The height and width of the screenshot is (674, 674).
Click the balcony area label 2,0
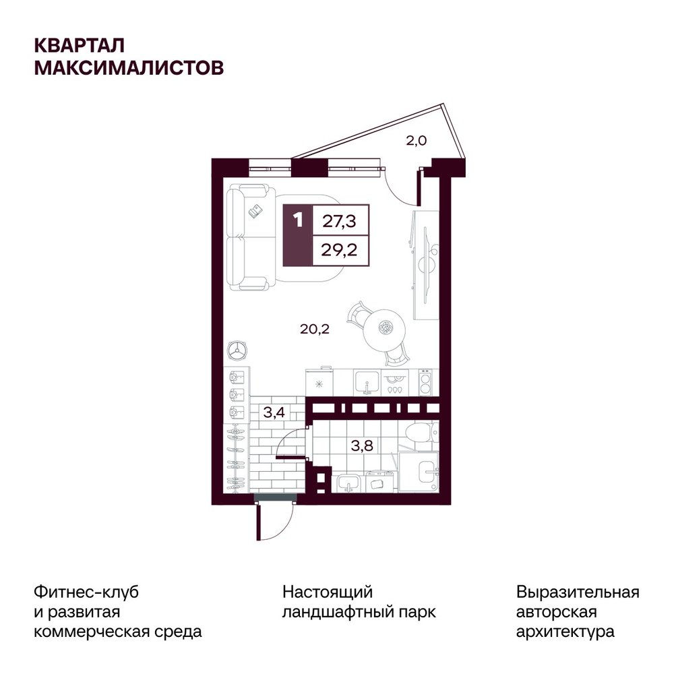[416, 141]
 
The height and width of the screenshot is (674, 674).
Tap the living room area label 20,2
[315, 330]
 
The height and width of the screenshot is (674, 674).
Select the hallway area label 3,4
[274, 412]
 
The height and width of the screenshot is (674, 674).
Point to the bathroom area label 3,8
[362, 446]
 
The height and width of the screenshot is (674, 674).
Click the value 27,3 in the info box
[339, 221]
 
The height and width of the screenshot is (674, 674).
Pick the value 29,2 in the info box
[339, 249]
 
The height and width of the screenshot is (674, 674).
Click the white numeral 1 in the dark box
[298, 220]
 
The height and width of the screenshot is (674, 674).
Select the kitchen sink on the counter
[366, 382]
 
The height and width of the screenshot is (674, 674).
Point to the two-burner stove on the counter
[425, 383]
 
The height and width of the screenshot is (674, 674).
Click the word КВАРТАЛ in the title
[80, 45]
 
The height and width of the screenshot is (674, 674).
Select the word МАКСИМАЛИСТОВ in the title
[129, 67]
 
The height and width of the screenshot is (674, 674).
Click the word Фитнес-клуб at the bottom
[86, 592]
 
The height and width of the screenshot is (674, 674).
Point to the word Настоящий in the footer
[328, 592]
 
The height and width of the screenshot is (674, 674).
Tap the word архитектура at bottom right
[565, 632]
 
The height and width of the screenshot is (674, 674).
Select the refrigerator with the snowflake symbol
[319, 382]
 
